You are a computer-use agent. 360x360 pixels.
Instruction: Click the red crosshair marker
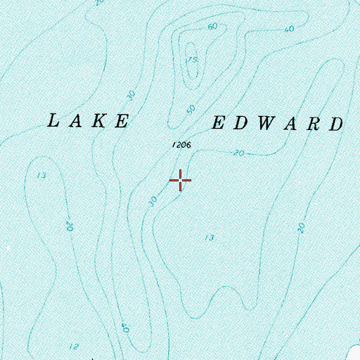coord(181,181)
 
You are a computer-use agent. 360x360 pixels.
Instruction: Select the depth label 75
coord(191,60)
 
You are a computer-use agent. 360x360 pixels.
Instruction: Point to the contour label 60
coord(213,27)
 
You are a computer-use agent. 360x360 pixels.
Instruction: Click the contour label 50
coord(191,110)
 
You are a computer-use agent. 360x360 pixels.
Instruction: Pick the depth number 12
coord(74,346)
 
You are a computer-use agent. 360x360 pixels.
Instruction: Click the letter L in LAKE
coord(53,121)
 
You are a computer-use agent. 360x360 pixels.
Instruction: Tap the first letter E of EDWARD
coord(218,124)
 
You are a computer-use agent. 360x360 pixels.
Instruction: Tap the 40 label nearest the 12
coord(124,327)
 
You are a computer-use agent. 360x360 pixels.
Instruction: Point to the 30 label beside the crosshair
coord(153,200)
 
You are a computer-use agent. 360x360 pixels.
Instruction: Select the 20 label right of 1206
coord(239,153)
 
